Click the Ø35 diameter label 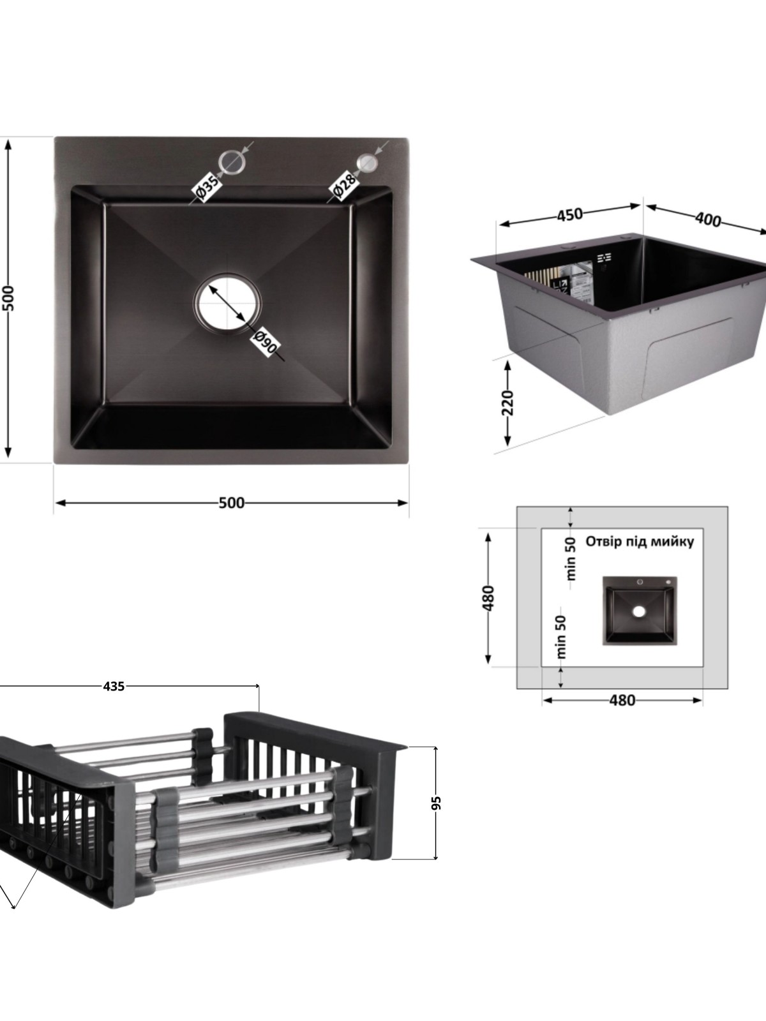coord(207,188)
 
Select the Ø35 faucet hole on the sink coord(232,161)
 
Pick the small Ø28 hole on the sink coord(368,162)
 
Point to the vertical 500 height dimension coord(8,299)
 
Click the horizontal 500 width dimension coord(231,503)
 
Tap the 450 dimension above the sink coord(569,214)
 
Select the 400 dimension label coord(708,219)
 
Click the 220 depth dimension coord(507,403)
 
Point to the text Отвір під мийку coord(640,542)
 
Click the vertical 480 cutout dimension coord(488,597)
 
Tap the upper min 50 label coord(571,558)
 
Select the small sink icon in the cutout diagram coord(640,611)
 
